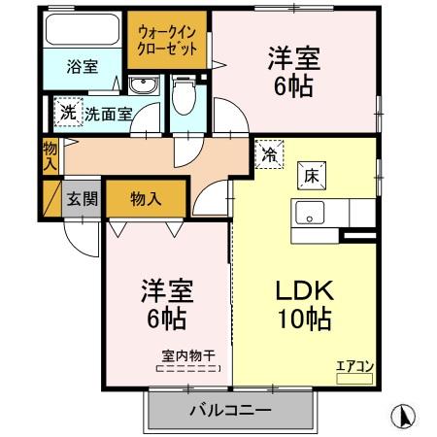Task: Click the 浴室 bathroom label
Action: click(82, 67)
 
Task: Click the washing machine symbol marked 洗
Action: click(67, 113)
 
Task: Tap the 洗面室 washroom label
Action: click(107, 114)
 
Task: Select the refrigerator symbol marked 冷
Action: click(268, 152)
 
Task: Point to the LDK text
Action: click(302, 289)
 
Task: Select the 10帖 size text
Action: click(302, 318)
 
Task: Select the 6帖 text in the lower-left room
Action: click(166, 317)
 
